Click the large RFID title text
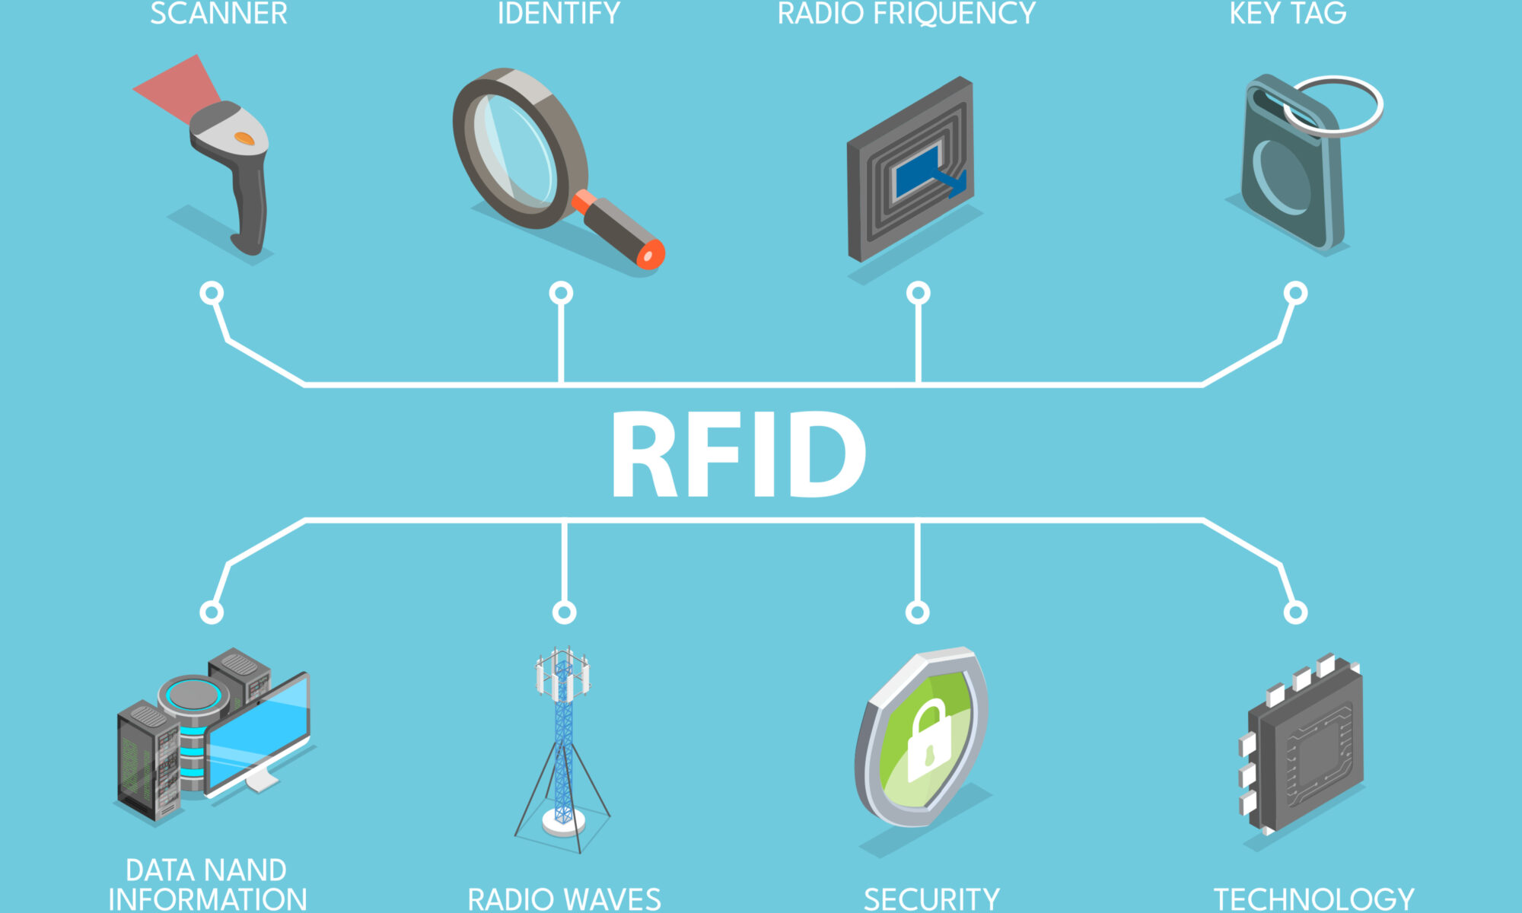tap(738, 455)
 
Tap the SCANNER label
tap(218, 14)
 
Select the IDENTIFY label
tap(559, 14)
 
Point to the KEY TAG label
tap(1288, 14)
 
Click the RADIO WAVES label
tap(564, 899)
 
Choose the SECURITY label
tap(931, 899)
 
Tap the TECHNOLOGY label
tap(1313, 899)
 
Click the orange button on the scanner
tap(244, 138)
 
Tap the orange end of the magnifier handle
tap(651, 256)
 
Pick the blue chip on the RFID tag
tap(919, 171)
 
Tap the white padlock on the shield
tap(929, 742)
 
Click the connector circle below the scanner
tap(212, 293)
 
